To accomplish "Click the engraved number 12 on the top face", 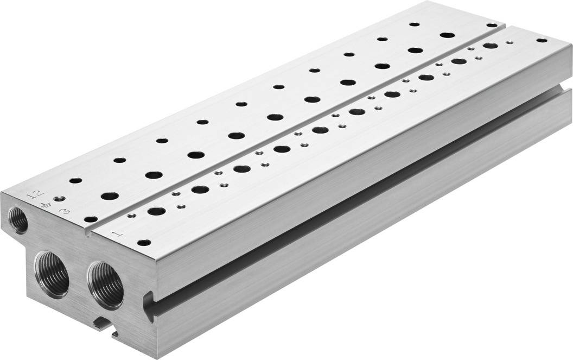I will tap(35, 194).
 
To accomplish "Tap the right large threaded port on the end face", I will tap(105, 285).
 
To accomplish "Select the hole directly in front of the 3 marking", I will tap(91, 220).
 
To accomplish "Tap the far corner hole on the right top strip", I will tap(541, 40).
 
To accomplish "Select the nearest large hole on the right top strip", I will tap(156, 211).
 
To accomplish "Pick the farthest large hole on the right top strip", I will tap(491, 46).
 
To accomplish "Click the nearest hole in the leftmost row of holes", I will tap(75, 180).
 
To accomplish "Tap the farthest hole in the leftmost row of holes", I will tap(414, 24).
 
